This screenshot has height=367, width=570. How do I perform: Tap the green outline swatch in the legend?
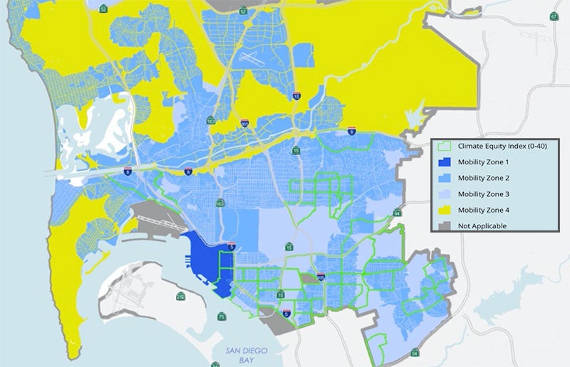(445, 147)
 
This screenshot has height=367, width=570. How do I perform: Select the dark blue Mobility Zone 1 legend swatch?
(445, 163)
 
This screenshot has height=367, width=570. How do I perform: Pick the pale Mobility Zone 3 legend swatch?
(445, 193)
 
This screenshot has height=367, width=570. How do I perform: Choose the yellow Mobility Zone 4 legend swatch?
(445, 209)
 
